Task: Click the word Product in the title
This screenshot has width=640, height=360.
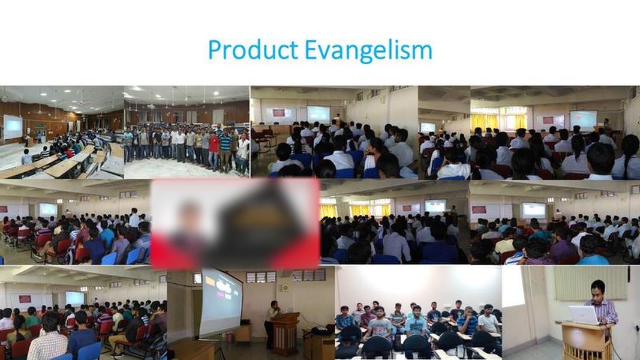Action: click(253, 50)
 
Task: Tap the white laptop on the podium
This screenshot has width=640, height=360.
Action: click(584, 315)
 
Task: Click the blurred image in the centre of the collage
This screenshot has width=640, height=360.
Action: click(235, 224)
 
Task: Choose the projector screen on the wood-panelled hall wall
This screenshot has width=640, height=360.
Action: click(13, 127)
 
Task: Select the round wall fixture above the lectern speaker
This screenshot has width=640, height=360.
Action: click(284, 287)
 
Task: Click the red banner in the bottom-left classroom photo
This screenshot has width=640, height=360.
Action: click(25, 299)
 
